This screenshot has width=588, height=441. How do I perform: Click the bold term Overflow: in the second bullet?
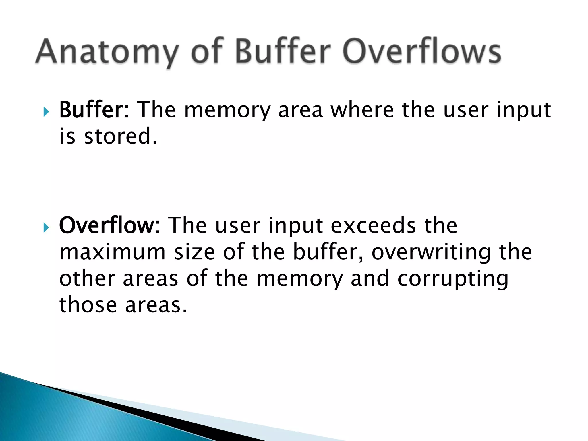click(x=109, y=225)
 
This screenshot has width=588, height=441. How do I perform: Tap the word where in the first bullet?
click(x=362, y=110)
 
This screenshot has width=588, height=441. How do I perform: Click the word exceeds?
click(x=373, y=225)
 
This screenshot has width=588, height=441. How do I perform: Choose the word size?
click(x=194, y=252)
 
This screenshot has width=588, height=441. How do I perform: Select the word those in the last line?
click(x=88, y=305)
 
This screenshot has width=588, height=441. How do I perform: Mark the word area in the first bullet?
click(x=300, y=110)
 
